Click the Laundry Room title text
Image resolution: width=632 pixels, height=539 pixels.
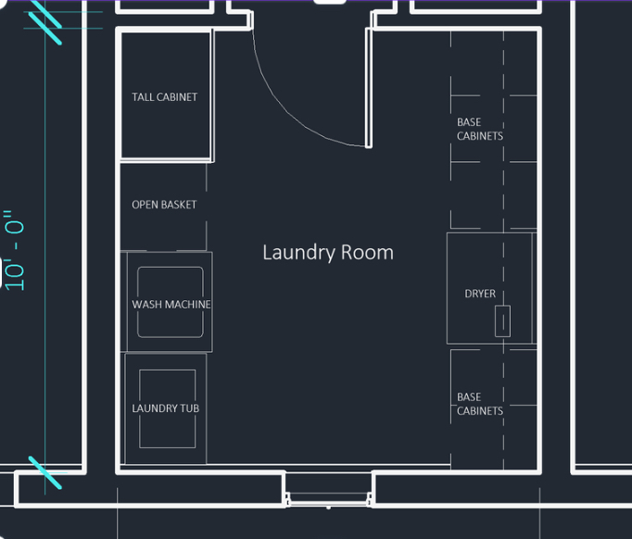(x=328, y=253)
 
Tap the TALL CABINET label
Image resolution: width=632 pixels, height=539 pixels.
(x=164, y=97)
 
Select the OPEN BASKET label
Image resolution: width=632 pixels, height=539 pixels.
(x=164, y=205)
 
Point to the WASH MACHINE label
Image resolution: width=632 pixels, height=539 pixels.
(x=171, y=304)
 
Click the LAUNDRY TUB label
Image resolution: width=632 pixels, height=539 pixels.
(x=166, y=408)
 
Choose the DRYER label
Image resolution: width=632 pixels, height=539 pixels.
(x=480, y=294)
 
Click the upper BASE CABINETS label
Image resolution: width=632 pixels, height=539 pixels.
(x=480, y=129)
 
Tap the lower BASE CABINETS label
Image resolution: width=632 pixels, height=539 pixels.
(x=480, y=404)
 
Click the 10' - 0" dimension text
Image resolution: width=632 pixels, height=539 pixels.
(x=15, y=250)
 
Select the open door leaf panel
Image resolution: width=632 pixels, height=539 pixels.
(x=369, y=88)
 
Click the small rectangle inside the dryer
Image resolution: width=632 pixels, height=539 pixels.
(x=502, y=321)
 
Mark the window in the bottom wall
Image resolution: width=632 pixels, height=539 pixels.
(x=328, y=499)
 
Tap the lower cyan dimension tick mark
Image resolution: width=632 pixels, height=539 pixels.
(x=44, y=472)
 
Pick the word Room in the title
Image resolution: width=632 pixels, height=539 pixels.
(x=367, y=253)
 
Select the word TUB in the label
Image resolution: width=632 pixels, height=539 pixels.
(x=189, y=408)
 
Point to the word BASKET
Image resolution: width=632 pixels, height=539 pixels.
(x=178, y=205)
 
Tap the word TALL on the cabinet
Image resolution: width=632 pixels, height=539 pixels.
(x=143, y=97)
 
